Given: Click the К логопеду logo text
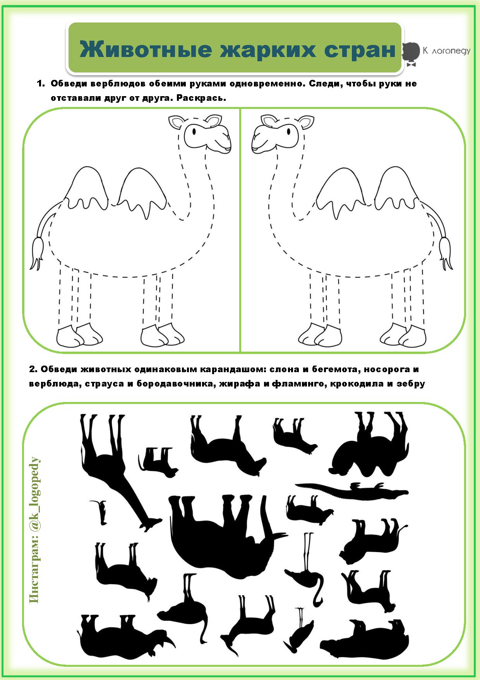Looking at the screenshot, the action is pos(446,51).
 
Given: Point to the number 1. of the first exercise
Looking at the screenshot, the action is pos(41,83).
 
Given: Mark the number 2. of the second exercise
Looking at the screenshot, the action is pos(33,369).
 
